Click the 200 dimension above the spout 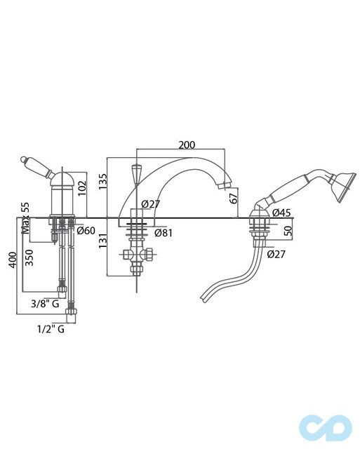pyautogui.click(x=187, y=145)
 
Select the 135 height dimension pyautogui.click(x=102, y=182)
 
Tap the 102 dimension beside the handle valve pyautogui.click(x=82, y=188)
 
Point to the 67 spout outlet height pyautogui.click(x=234, y=198)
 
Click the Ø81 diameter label pyautogui.click(x=164, y=233)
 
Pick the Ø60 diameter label pyautogui.click(x=86, y=230)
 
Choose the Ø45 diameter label pyautogui.click(x=281, y=213)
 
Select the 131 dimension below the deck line pyautogui.click(x=103, y=241)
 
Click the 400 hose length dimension pyautogui.click(x=13, y=260)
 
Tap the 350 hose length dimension pyautogui.click(x=29, y=257)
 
